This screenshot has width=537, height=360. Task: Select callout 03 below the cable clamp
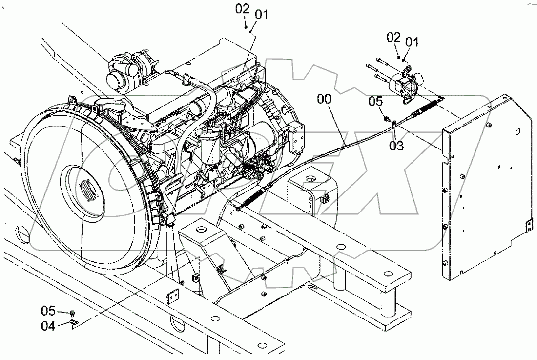(x=396, y=146)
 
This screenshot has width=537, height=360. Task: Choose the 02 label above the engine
(x=243, y=9)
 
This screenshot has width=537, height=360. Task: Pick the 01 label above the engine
(x=261, y=15)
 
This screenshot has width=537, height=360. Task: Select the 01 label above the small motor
(x=412, y=42)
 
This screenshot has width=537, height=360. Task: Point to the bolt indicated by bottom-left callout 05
(x=73, y=313)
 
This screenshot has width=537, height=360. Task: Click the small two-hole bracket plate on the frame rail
(x=172, y=296)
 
